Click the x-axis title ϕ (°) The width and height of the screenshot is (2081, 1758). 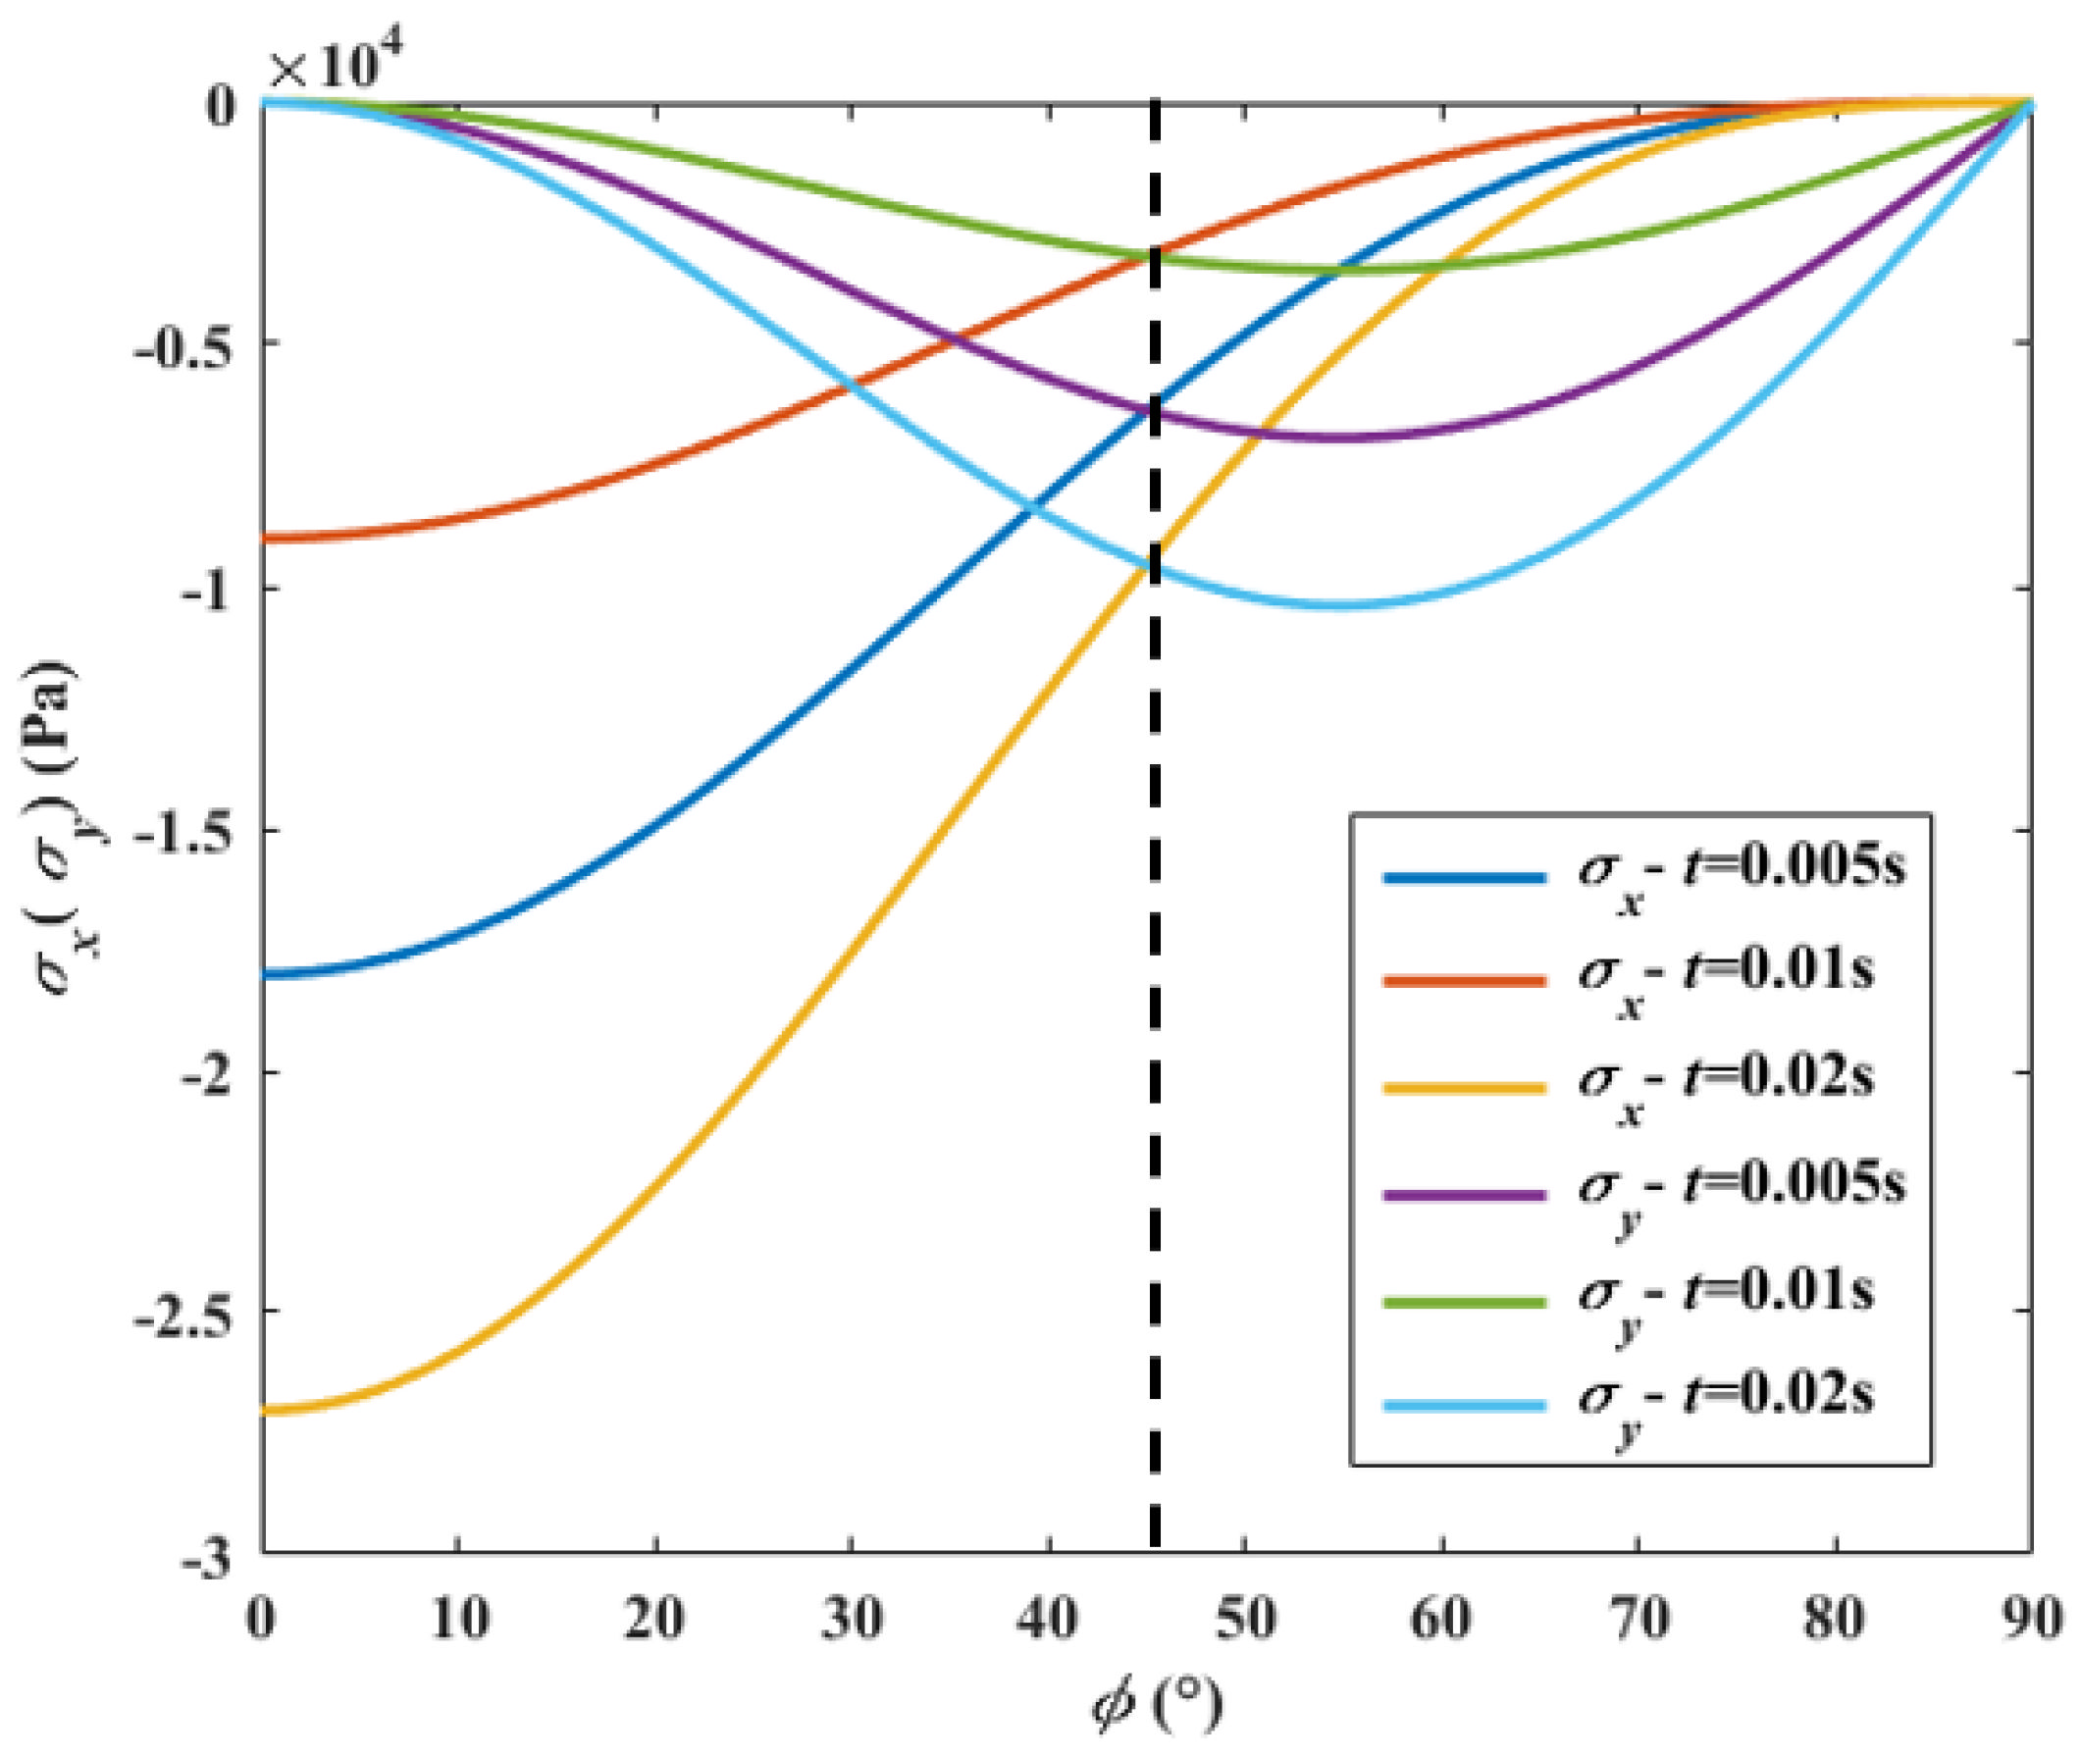pos(1156,1706)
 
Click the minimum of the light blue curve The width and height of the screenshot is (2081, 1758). pos(1340,604)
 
